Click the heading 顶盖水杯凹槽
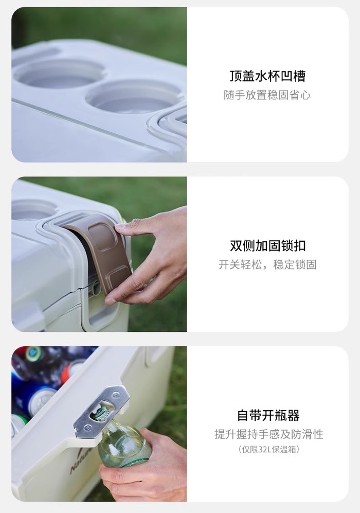coord(267,76)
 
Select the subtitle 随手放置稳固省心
coord(267,95)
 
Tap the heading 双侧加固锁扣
coord(267,246)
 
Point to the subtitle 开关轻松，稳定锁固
coord(267,264)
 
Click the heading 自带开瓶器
coord(268,416)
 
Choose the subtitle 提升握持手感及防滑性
coord(269,434)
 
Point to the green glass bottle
coord(122,441)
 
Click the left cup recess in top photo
coord(59,74)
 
